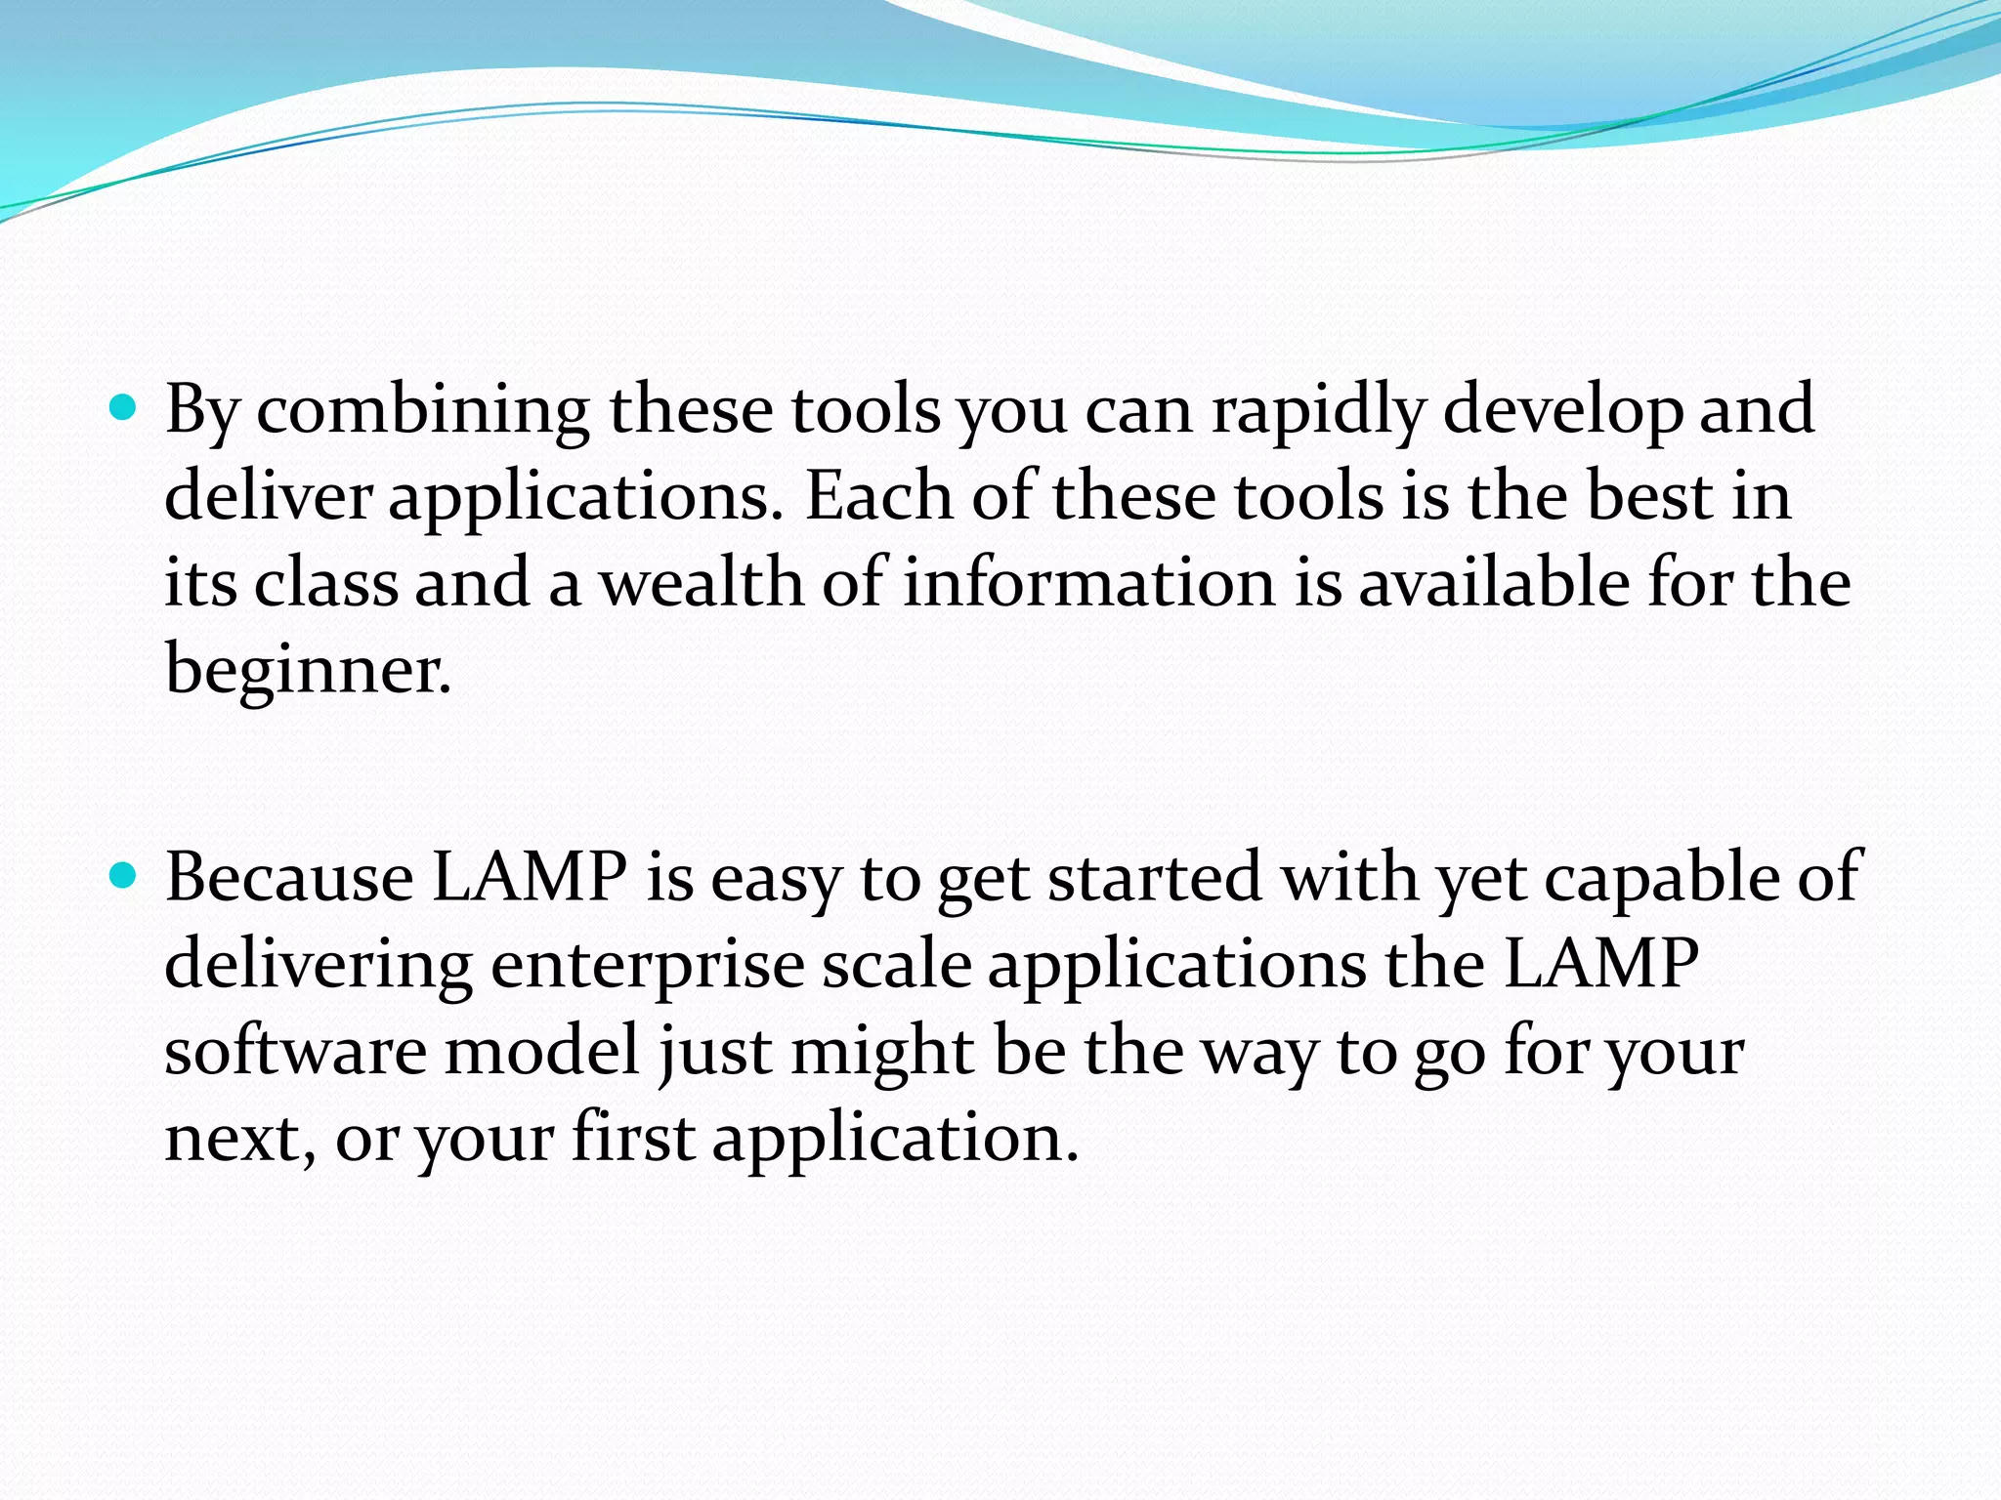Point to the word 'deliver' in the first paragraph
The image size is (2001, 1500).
268,496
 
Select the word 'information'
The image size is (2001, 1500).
1087,583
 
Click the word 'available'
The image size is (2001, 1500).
1494,583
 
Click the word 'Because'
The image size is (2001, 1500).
288,877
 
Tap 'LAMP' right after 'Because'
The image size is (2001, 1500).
529,877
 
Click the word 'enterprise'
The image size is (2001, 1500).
647,966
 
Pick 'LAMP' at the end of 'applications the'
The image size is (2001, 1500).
1601,964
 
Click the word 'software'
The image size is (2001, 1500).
295,1051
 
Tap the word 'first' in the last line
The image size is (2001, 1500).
633,1138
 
